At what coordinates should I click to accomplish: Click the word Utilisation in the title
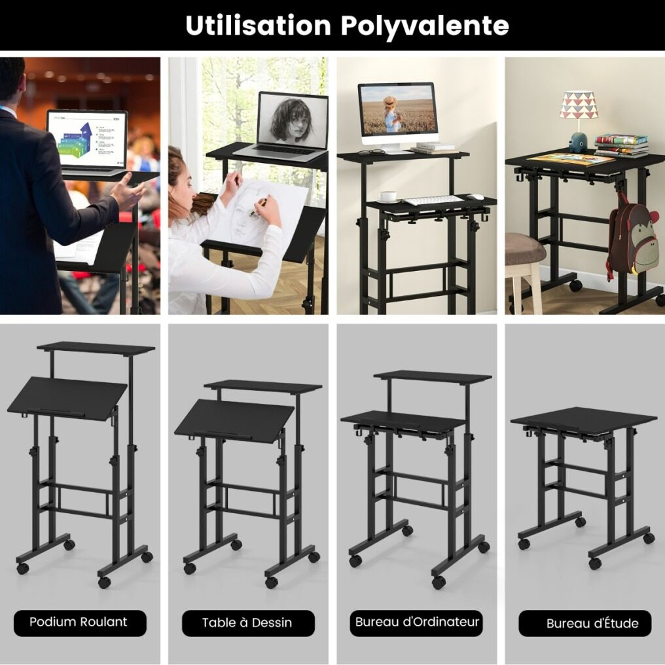pyautogui.click(x=259, y=25)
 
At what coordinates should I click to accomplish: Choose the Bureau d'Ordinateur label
pyautogui.click(x=416, y=622)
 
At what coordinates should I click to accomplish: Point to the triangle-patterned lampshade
pyautogui.click(x=578, y=104)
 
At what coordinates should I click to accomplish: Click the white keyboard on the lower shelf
pyautogui.click(x=433, y=200)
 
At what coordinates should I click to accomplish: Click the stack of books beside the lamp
pyautogui.click(x=621, y=145)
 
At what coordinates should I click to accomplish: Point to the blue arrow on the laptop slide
pyautogui.click(x=86, y=130)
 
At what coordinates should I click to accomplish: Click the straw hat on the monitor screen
pyautogui.click(x=389, y=102)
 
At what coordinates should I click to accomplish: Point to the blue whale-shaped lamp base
pyautogui.click(x=579, y=142)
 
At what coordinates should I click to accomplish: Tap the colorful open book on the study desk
pyautogui.click(x=571, y=159)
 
